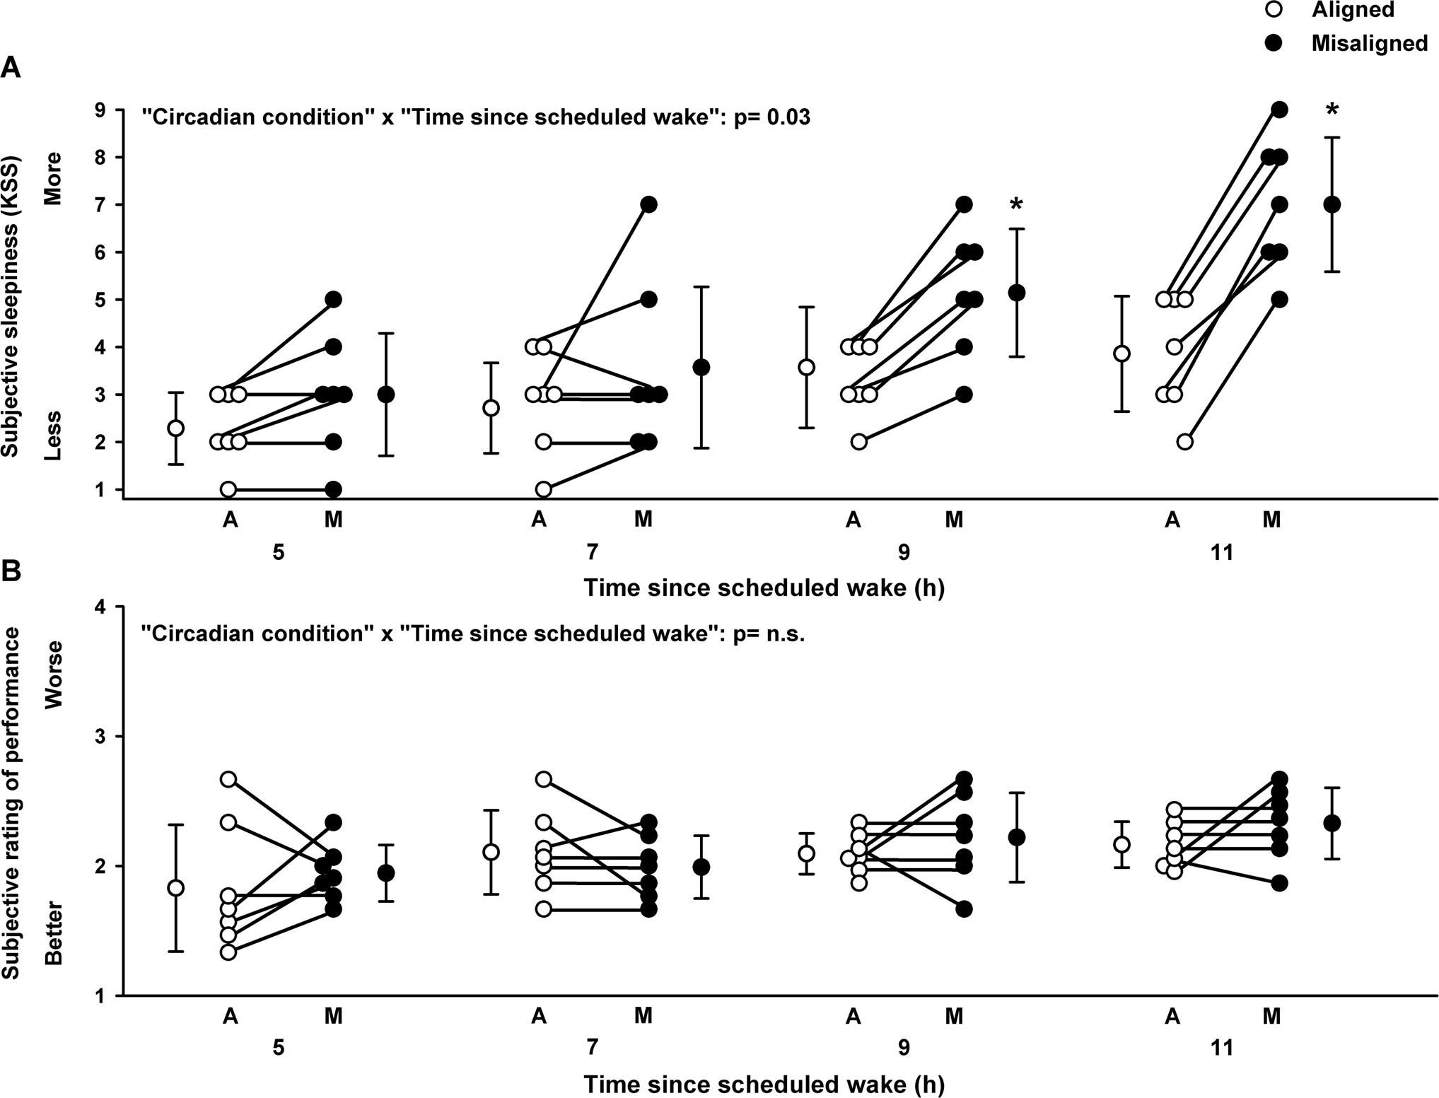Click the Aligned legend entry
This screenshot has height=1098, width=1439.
pos(1353,9)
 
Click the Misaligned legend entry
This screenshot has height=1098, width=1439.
pos(1369,44)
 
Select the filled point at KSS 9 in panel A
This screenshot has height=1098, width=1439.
pos(1279,110)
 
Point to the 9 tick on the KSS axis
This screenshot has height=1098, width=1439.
pos(100,110)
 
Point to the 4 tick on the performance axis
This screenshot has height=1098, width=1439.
pos(100,607)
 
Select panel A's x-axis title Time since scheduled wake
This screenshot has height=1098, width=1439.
pos(764,588)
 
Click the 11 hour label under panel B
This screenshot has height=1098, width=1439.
pos(1221,1048)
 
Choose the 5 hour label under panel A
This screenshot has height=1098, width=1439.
pos(279,552)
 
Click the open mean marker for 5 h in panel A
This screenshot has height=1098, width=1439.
pos(176,428)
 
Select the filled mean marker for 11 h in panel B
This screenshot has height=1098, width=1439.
pos(1332,823)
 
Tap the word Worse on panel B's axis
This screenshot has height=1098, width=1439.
pos(54,674)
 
